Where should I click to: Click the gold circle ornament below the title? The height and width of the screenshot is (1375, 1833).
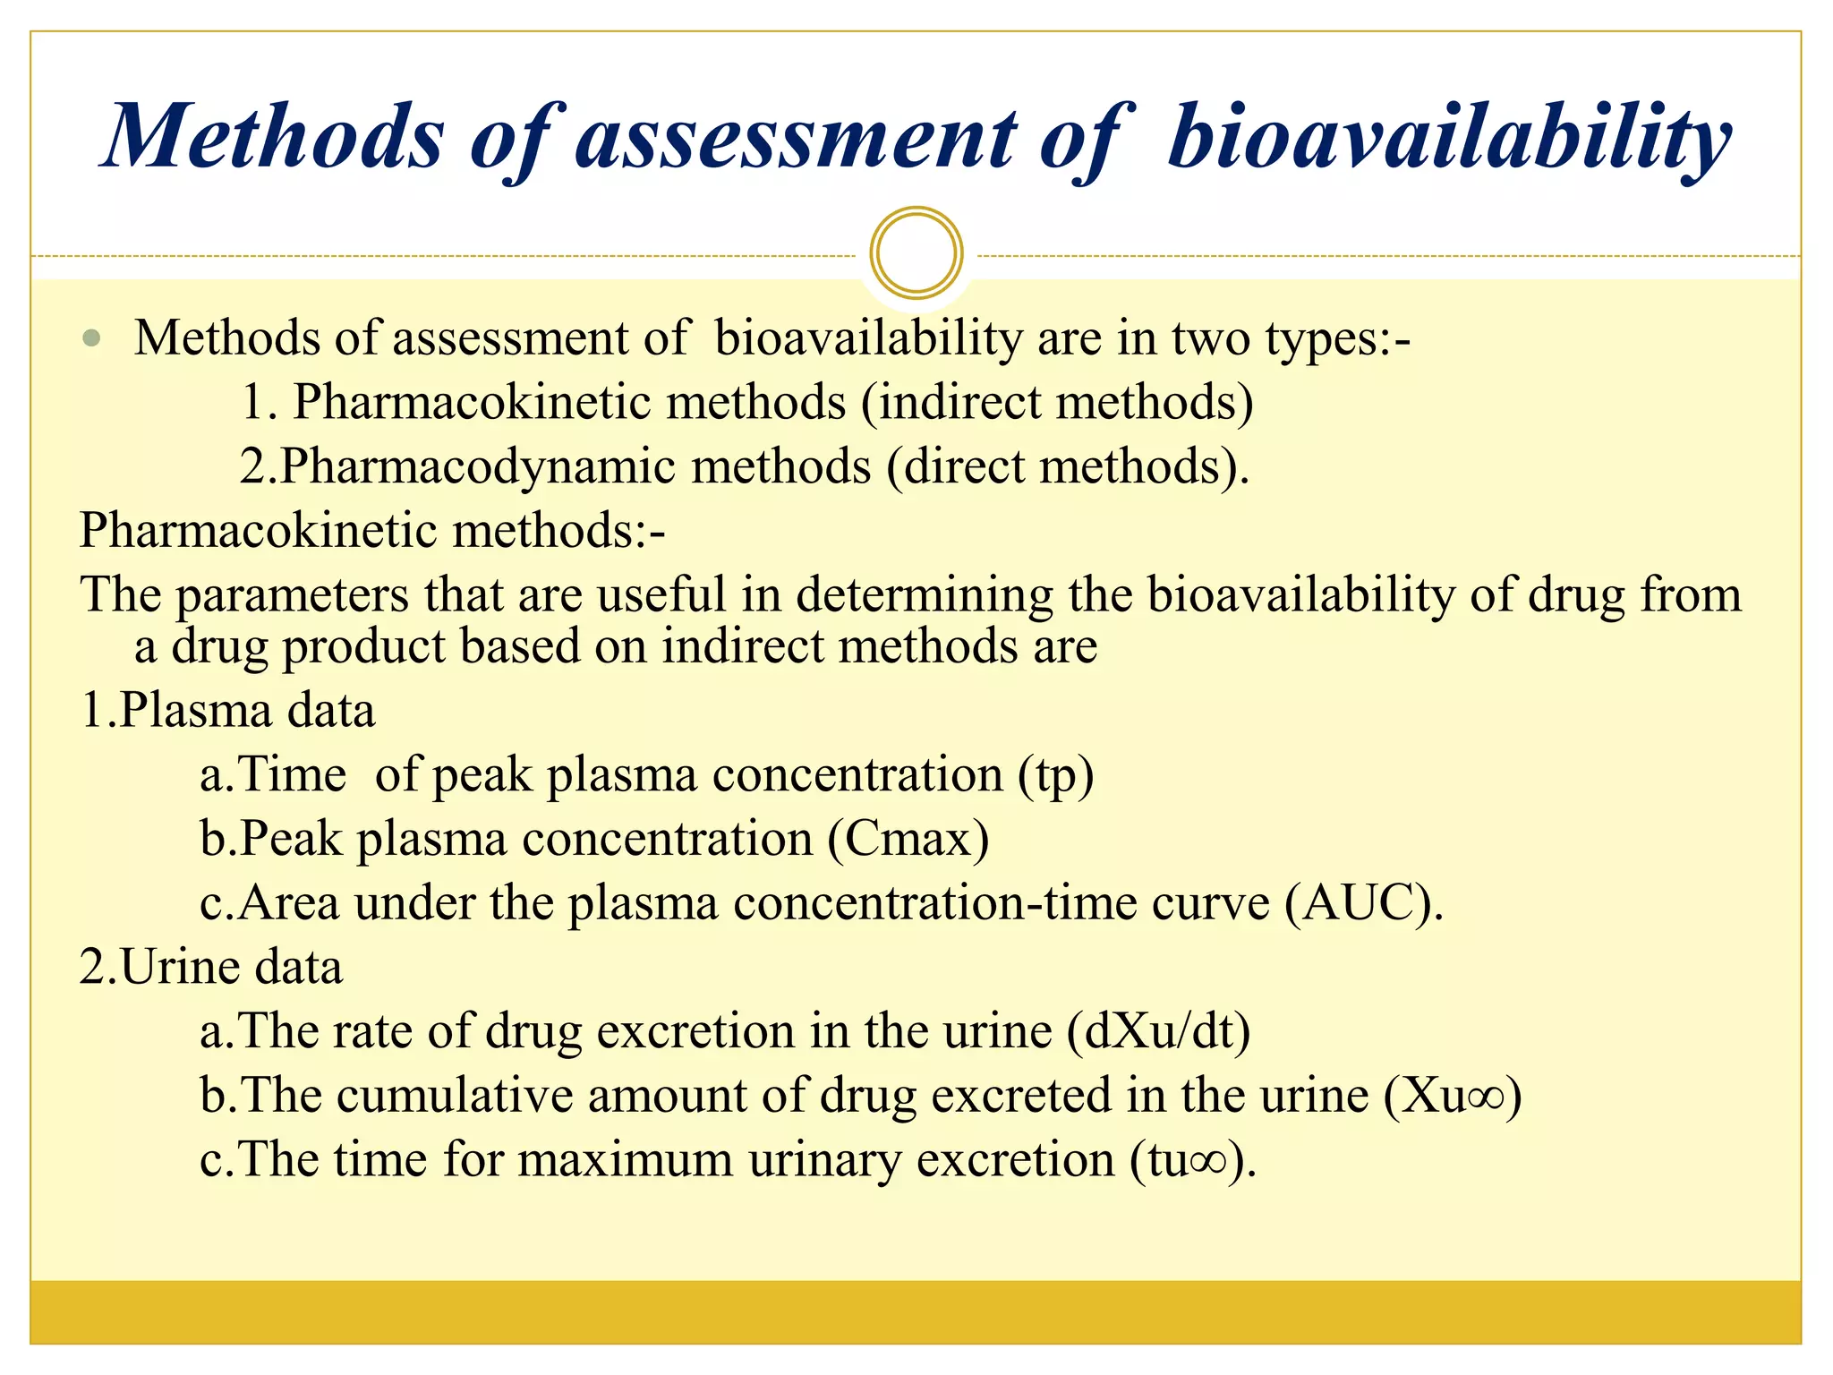(x=916, y=253)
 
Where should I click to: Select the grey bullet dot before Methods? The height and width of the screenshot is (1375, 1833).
(x=91, y=338)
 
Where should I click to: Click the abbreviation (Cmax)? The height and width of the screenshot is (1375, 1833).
(x=908, y=839)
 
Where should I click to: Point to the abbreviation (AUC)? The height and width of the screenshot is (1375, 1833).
(x=1363, y=902)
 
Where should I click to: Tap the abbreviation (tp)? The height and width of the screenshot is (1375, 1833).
(x=1055, y=775)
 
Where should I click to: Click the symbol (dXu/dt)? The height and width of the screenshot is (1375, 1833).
(x=1158, y=1030)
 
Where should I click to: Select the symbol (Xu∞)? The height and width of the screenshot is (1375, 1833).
(x=1452, y=1095)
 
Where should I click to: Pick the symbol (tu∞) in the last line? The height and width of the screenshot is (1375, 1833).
(x=1190, y=1159)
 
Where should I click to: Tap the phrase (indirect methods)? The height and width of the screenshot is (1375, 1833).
(x=1057, y=402)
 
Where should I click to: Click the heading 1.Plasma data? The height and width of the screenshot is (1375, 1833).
(x=227, y=711)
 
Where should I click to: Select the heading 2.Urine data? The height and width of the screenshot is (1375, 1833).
(x=211, y=967)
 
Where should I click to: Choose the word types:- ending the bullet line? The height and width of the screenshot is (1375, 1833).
(x=1337, y=338)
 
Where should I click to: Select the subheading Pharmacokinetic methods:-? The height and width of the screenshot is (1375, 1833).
(x=372, y=530)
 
